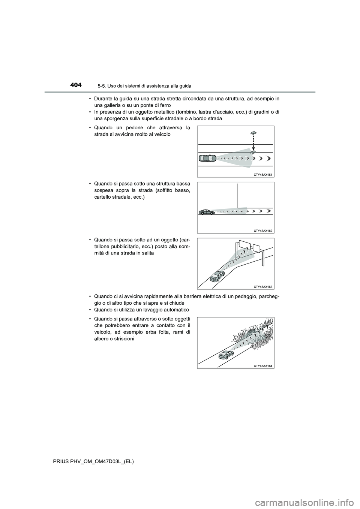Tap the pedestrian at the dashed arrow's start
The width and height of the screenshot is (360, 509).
pyautogui.click(x=253, y=133)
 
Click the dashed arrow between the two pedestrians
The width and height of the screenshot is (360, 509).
pyautogui.click(x=253, y=142)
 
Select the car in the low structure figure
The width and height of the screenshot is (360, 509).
pyautogui.click(x=207, y=212)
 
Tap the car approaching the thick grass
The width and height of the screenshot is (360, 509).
pyautogui.click(x=226, y=355)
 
